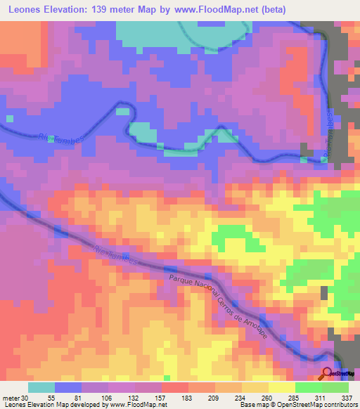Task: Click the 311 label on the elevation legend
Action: [322, 398]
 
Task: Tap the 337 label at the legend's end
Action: [347, 398]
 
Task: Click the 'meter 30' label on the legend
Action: [15, 398]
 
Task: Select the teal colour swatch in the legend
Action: [41, 387]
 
